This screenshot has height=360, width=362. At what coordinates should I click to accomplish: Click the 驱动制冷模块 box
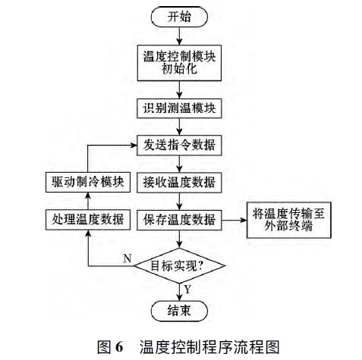(87, 183)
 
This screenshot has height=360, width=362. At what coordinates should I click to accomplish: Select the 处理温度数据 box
(87, 221)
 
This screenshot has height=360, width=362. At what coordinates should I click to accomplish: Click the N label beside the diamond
(126, 258)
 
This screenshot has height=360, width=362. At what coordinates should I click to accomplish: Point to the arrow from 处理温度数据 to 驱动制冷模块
(87, 202)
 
